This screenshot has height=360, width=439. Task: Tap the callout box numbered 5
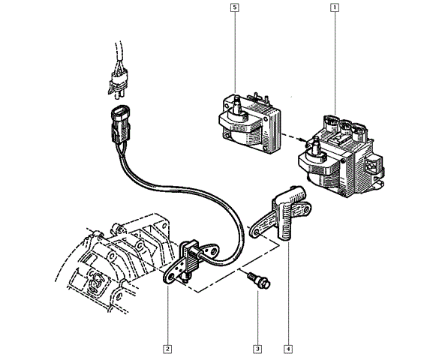(235, 8)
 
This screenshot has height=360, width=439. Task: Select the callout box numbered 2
(167, 348)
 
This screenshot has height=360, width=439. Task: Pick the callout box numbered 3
(257, 348)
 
